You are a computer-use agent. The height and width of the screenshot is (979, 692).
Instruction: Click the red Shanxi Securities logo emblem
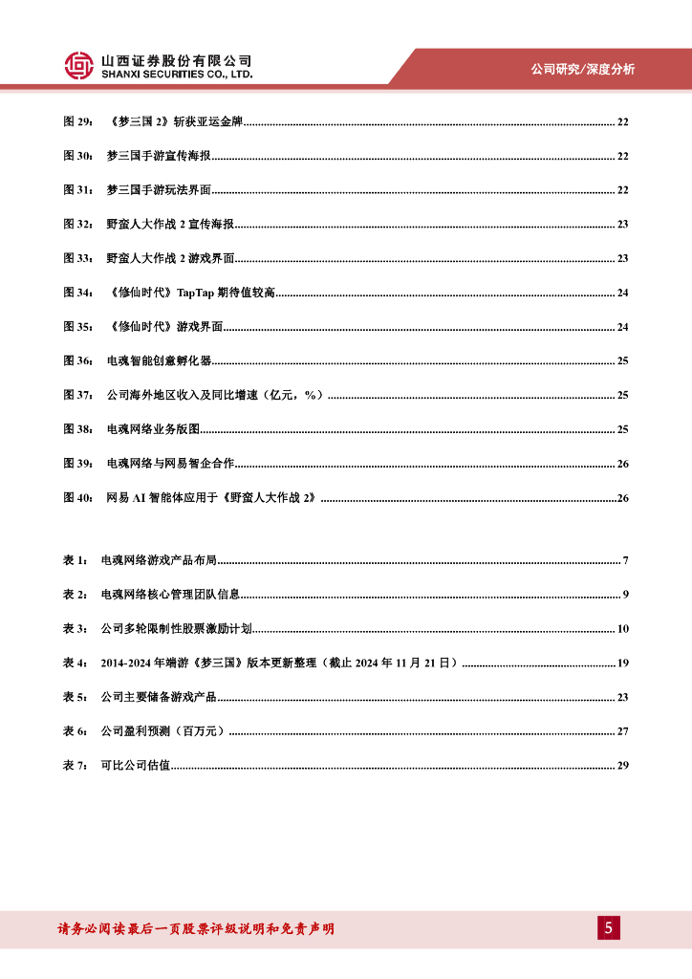(79, 65)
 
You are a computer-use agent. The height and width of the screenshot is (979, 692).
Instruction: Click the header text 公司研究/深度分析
(582, 69)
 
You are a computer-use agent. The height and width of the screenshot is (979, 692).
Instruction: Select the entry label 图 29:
(77, 121)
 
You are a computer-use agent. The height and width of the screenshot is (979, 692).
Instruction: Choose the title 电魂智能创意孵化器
(160, 360)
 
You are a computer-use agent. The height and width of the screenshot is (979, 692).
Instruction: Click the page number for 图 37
(622, 395)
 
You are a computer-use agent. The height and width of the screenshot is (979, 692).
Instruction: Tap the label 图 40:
(77, 498)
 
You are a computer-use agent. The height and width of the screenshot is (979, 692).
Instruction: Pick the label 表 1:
(75, 559)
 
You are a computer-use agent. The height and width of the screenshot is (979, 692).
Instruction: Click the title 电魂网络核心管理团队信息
(170, 595)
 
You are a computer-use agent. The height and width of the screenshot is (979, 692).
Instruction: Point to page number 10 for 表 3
(622, 628)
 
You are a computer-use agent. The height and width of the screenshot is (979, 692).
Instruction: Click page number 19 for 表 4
(622, 663)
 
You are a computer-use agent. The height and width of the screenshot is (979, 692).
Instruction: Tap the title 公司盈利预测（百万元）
(163, 731)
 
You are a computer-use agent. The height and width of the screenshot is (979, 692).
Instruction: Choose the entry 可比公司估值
(136, 766)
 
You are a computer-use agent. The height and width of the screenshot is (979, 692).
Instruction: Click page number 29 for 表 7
(622, 766)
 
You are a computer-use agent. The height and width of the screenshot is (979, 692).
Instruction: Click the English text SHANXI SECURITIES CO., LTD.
(177, 74)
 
